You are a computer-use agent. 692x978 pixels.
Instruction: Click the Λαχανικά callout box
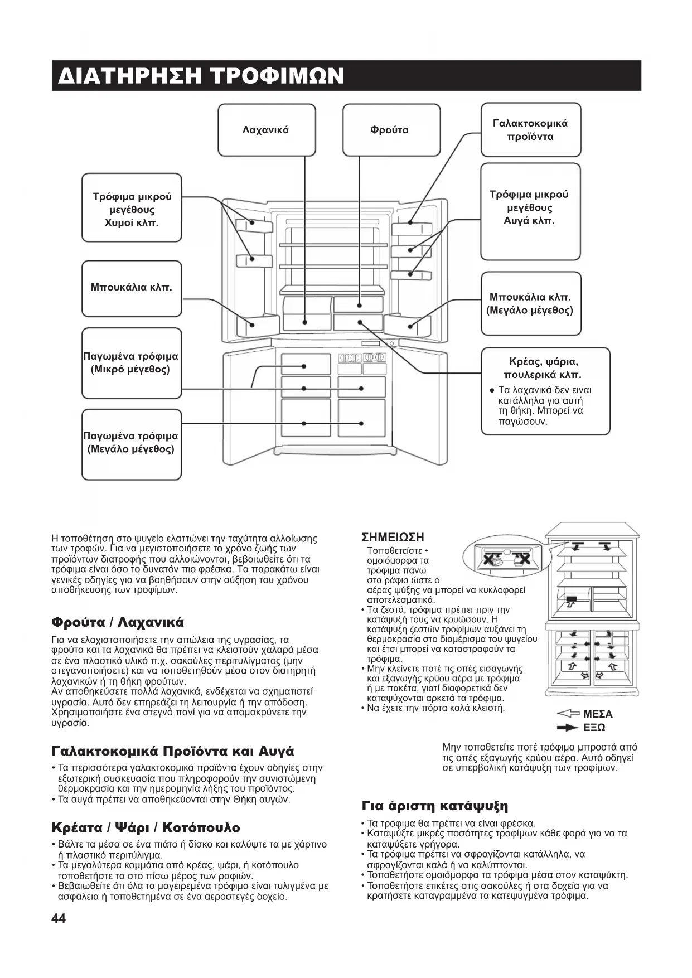coord(266,130)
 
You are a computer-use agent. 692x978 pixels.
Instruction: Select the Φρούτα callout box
coord(389,130)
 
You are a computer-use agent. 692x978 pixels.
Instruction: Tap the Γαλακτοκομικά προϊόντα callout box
coord(530,130)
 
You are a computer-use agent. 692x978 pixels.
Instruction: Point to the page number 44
coord(59,918)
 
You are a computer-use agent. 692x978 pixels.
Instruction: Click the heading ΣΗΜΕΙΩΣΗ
coord(393,538)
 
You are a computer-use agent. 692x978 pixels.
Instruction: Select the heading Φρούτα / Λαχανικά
coord(117,622)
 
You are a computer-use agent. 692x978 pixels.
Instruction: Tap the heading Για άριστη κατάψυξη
coord(434,806)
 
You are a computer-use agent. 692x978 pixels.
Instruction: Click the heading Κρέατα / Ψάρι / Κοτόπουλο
coord(146,827)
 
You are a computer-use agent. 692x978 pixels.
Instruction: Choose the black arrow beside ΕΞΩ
coord(568,728)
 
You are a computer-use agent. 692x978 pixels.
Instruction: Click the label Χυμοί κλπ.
coord(132,223)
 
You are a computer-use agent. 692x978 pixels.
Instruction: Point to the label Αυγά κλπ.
coord(529,221)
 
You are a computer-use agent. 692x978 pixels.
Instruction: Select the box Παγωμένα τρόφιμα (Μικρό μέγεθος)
coord(131,363)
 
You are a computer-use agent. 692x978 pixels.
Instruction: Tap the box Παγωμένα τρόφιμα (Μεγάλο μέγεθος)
coord(131,443)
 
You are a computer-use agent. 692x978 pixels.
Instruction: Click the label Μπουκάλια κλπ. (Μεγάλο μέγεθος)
coord(530,304)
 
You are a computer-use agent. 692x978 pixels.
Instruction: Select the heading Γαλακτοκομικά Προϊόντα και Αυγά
coord(172,751)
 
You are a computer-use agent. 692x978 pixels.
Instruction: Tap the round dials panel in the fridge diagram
coord(361,357)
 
